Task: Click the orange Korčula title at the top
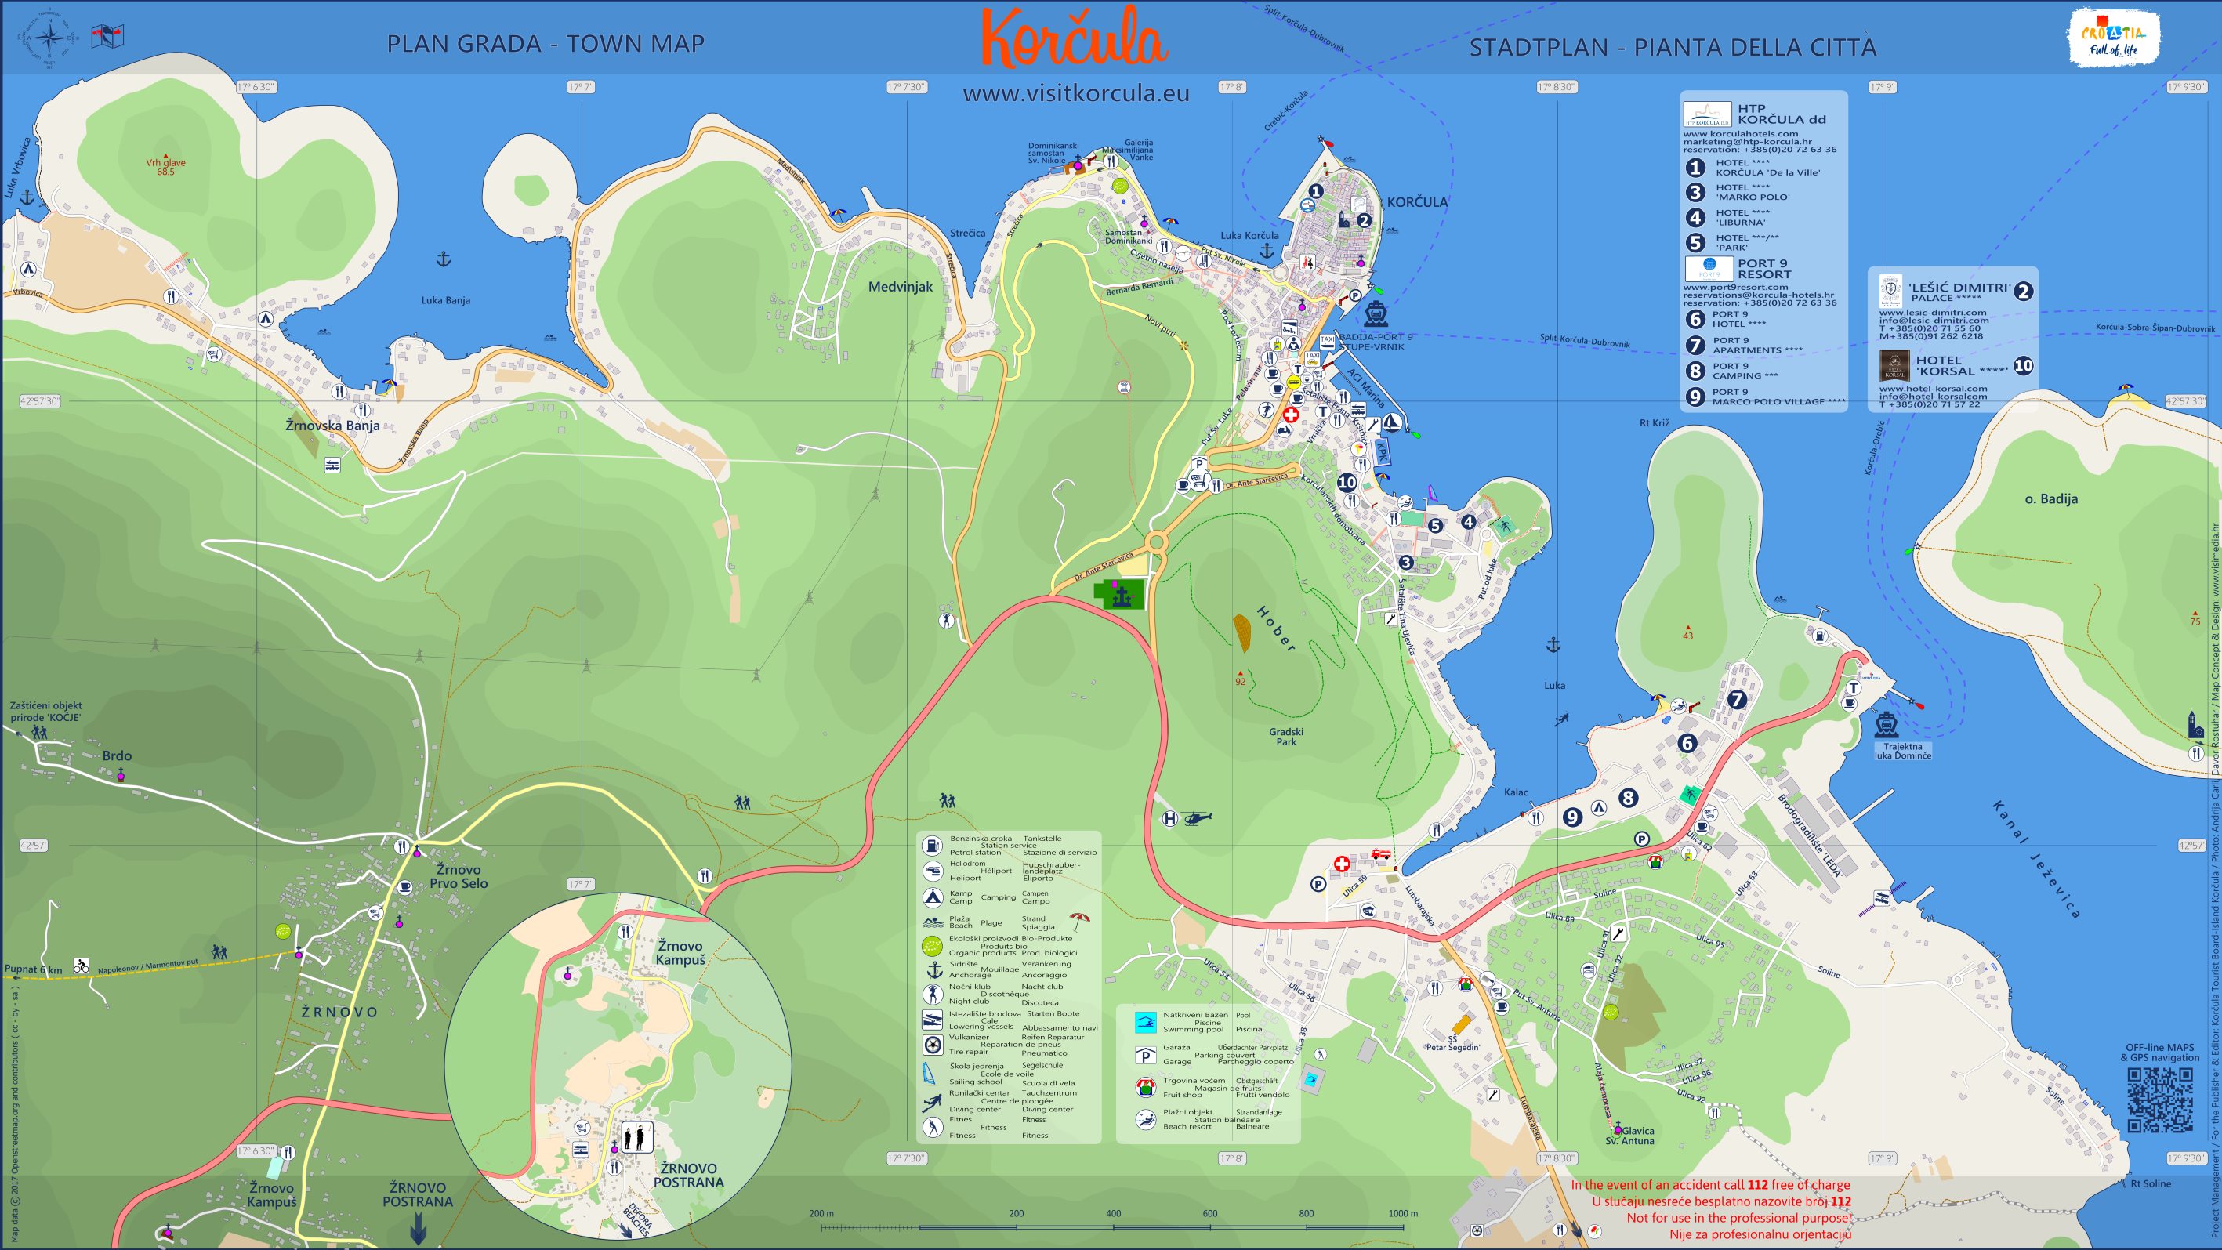click(1075, 40)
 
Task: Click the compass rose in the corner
click(50, 38)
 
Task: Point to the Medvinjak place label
click(901, 288)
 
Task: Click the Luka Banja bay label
click(445, 300)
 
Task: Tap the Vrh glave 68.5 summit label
click(165, 166)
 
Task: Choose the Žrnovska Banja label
click(333, 426)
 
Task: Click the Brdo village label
click(118, 755)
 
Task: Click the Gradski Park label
click(1286, 736)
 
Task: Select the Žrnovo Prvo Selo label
click(458, 876)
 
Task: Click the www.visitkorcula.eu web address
click(1075, 93)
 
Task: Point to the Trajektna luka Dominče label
click(1902, 751)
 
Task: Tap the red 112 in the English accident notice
click(1782, 1185)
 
